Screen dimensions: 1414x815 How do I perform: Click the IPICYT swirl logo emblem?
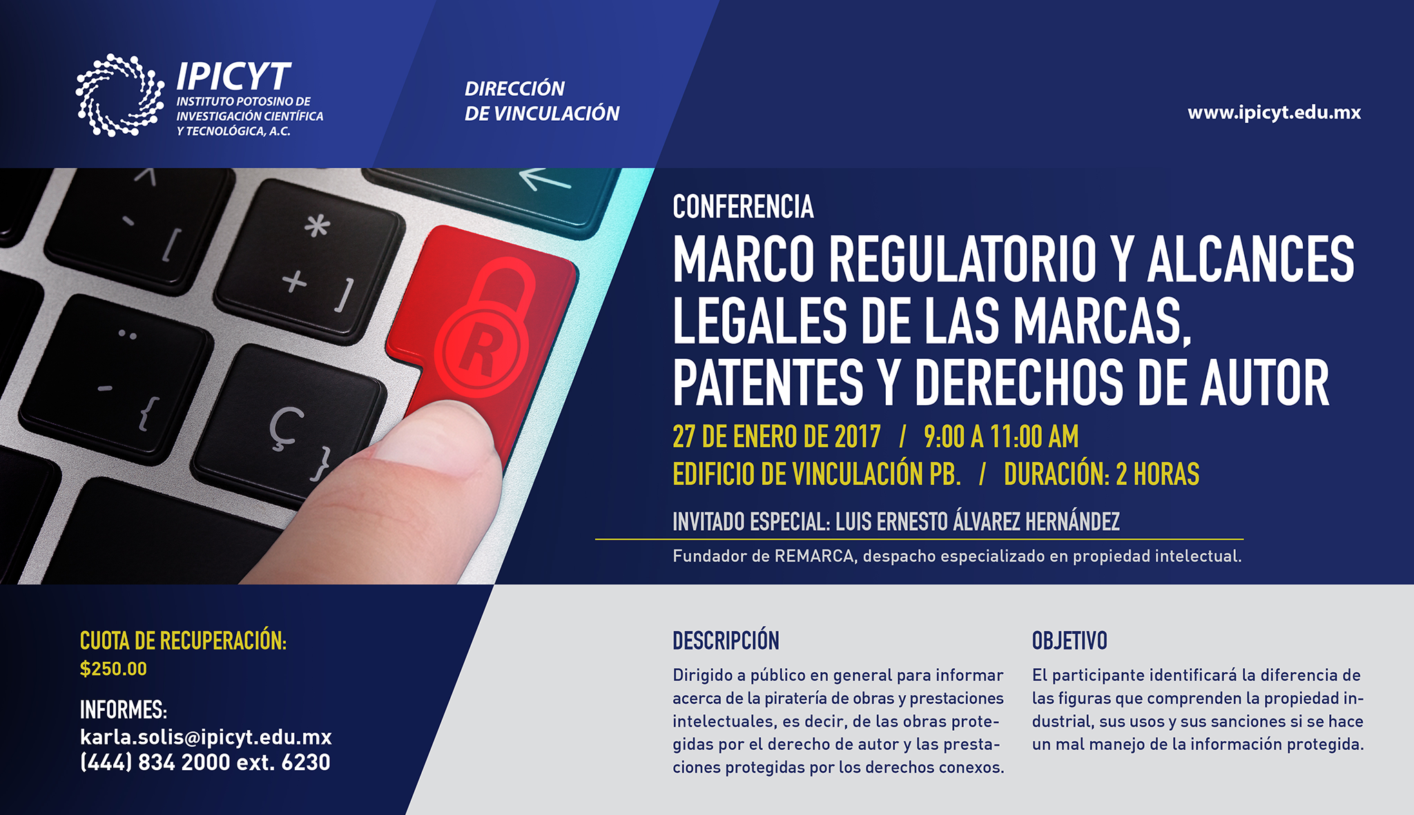(120, 95)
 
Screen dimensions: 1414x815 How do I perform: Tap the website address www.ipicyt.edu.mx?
(1275, 112)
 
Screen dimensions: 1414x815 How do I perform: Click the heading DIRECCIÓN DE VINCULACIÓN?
(542, 101)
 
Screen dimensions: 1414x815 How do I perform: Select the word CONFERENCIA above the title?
(744, 207)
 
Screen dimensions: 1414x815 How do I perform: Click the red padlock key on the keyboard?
(483, 324)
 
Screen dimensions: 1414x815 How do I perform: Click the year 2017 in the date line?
(857, 437)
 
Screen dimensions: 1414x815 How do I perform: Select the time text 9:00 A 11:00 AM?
(1001, 437)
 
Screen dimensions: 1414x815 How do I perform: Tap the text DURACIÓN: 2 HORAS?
(1102, 474)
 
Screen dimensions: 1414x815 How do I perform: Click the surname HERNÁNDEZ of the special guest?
(1072, 521)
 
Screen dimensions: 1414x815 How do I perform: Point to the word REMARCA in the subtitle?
(815, 556)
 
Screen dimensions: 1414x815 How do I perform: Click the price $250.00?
(113, 669)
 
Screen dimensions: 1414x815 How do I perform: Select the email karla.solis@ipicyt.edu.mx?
(206, 737)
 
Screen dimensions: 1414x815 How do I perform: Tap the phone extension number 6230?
(306, 762)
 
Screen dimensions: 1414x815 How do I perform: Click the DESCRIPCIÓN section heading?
(726, 641)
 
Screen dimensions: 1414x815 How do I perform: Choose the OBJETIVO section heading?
(1069, 641)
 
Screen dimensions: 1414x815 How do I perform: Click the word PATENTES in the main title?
(768, 383)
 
